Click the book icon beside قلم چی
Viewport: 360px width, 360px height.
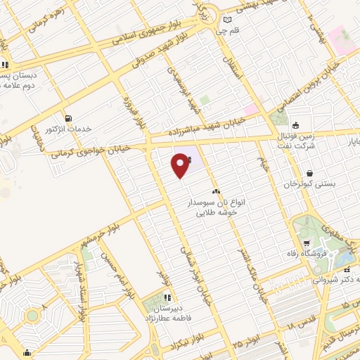click(x=227, y=20)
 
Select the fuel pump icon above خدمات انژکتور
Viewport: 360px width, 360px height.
click(x=68, y=118)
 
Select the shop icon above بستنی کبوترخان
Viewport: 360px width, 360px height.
click(x=310, y=173)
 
